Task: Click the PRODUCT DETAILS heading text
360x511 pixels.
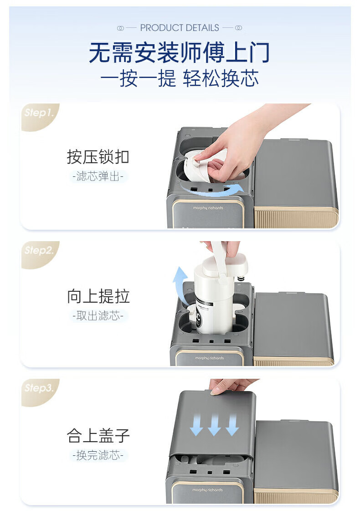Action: tap(180, 28)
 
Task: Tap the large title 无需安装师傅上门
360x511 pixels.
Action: tap(179, 52)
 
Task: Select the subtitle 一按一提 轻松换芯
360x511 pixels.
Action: tap(180, 78)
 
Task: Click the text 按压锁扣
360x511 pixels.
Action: tap(98, 157)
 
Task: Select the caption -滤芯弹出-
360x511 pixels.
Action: tap(98, 176)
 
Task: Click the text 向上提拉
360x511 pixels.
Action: tap(98, 296)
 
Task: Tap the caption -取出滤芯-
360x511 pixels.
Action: tap(98, 315)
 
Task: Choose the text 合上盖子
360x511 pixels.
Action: tap(98, 435)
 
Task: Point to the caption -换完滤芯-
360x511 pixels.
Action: tap(98, 455)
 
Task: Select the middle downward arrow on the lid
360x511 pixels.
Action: tap(214, 425)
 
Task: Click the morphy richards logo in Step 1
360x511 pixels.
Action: tap(208, 207)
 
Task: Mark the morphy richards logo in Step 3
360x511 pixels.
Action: tap(207, 490)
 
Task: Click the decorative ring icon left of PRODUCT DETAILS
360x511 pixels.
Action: tap(120, 28)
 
